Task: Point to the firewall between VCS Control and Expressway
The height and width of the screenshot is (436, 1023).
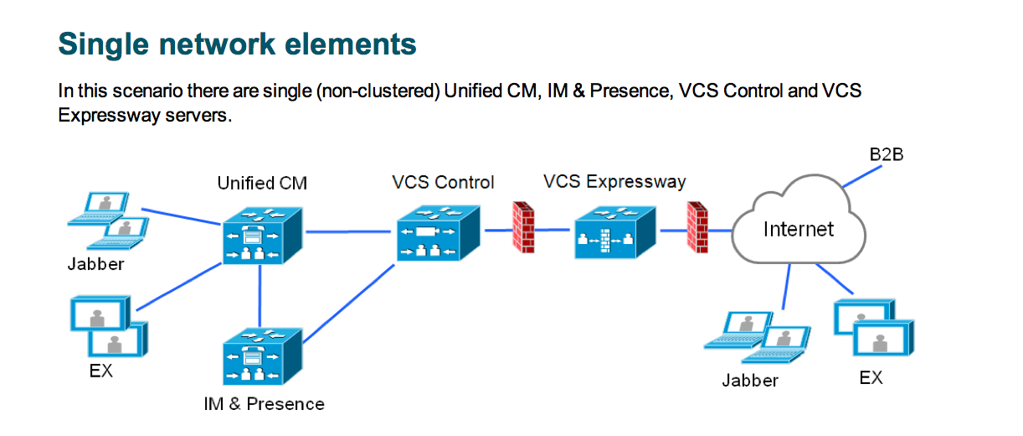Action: point(523,227)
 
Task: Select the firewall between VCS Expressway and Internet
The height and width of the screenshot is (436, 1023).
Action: point(697,227)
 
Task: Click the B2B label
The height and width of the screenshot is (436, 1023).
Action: point(887,155)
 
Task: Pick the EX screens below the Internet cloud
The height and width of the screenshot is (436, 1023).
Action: point(872,330)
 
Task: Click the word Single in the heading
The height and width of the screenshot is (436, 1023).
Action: point(100,43)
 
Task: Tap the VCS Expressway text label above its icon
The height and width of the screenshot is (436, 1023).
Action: point(614,181)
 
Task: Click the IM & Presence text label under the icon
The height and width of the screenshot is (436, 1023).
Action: point(264,404)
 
